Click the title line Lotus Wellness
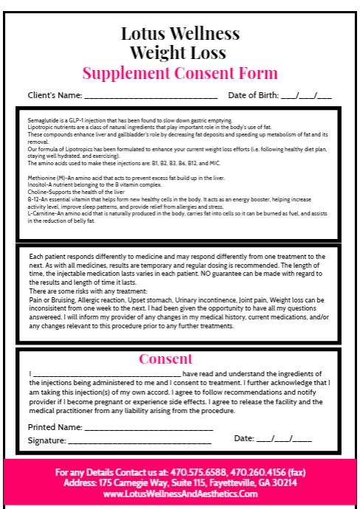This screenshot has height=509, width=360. (x=180, y=35)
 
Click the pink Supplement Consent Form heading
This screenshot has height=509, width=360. (x=180, y=73)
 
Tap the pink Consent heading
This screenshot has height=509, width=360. (x=180, y=359)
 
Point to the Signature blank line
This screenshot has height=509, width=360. (x=139, y=441)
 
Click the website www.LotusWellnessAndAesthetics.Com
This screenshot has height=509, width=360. (x=180, y=494)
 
